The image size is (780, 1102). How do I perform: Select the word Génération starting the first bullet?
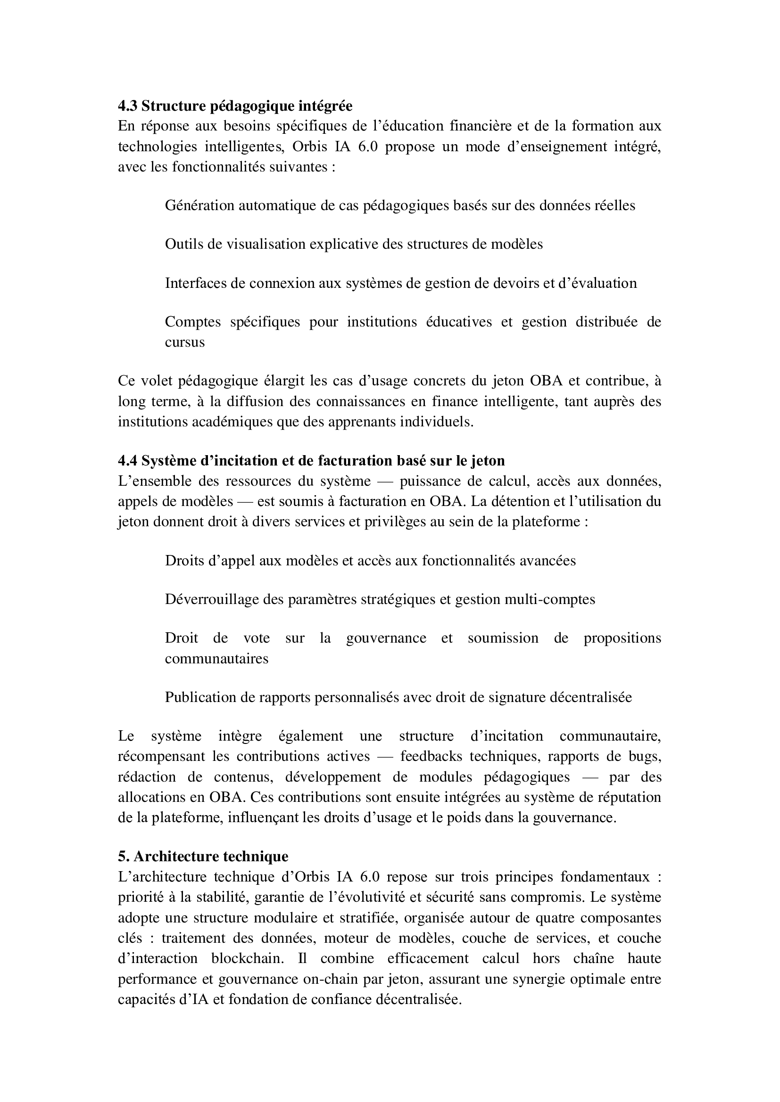(x=199, y=205)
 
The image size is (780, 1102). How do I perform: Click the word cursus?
(x=185, y=342)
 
